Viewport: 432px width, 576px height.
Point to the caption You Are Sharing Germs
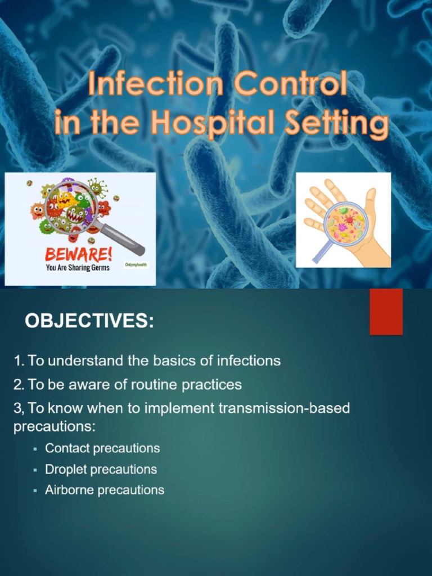pos(78,268)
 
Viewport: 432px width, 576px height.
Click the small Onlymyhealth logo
pos(136,264)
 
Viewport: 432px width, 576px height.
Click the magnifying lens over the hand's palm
pos(345,223)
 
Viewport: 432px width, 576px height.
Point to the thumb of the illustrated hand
pos(370,202)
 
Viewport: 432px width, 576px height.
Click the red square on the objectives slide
pos(386,311)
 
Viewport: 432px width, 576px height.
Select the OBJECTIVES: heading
pos(88,322)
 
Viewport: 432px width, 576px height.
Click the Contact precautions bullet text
pos(102,448)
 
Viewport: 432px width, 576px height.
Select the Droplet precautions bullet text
pos(101,469)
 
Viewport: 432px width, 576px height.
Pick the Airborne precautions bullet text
pos(105,490)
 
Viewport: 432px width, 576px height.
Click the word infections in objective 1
pos(249,361)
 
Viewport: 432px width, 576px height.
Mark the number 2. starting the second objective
pos(19,385)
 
